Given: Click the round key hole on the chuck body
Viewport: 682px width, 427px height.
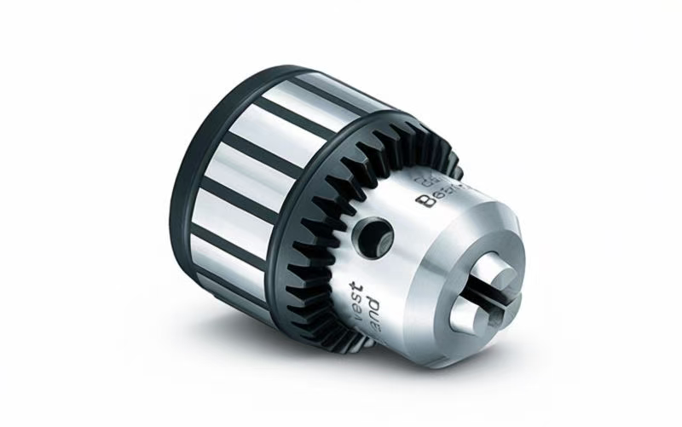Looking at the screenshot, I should coord(374,231).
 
